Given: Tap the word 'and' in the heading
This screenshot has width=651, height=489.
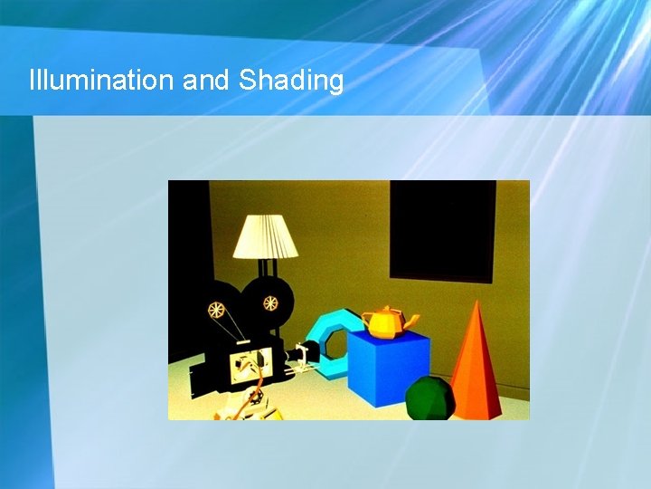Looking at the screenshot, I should pyautogui.click(x=206, y=81).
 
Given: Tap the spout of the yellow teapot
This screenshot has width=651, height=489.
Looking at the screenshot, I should pyautogui.click(x=412, y=319).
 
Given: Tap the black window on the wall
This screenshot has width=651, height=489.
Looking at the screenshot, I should pyautogui.click(x=442, y=230).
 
